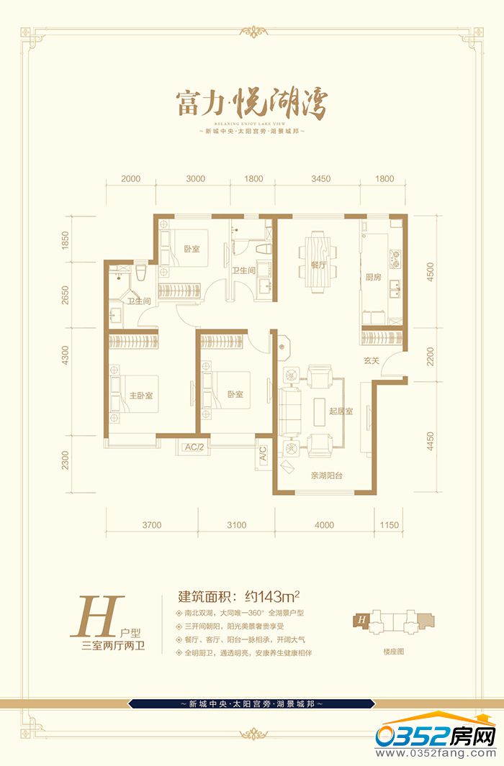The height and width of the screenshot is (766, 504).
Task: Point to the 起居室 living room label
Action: pyautogui.click(x=340, y=411)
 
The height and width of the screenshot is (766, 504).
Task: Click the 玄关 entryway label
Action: pyautogui.click(x=371, y=360)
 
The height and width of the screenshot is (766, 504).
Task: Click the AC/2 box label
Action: pyautogui.click(x=195, y=447)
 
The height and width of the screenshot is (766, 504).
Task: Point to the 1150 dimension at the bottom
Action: pyautogui.click(x=389, y=525)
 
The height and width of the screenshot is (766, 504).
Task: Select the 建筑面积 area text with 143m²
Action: pyautogui.click(x=238, y=596)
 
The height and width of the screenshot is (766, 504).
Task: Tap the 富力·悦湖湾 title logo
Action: pyautogui.click(x=251, y=106)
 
